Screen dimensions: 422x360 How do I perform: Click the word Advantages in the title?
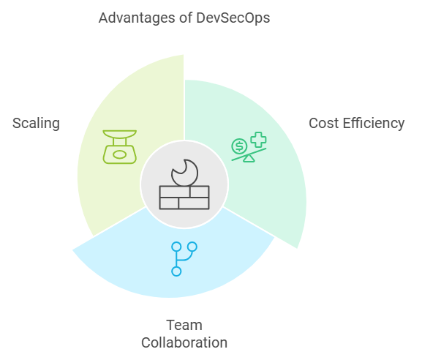[x=137, y=18]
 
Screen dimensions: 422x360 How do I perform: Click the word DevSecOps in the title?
[x=233, y=18]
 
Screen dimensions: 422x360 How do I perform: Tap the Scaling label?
[x=36, y=124]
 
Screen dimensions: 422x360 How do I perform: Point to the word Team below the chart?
[x=184, y=325]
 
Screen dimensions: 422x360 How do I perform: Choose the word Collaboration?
[x=184, y=342]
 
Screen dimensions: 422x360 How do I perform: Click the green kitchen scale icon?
[x=120, y=147]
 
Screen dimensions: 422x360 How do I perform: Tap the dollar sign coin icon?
[x=239, y=146]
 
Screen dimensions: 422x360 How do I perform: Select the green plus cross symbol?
[x=258, y=140]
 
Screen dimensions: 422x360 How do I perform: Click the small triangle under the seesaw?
[x=249, y=159]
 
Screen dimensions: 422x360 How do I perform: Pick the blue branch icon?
[x=184, y=259]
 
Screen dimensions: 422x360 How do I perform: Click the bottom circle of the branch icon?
[x=176, y=271]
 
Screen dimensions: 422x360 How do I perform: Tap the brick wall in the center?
[x=184, y=198]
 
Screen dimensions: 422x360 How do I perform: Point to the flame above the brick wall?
[x=184, y=173]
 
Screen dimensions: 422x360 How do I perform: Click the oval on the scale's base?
[x=120, y=155]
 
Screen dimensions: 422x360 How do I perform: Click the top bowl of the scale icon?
[x=120, y=134]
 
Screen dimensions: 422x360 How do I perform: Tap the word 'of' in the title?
[x=186, y=18]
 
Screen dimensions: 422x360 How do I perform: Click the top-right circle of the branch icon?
[x=192, y=247]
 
